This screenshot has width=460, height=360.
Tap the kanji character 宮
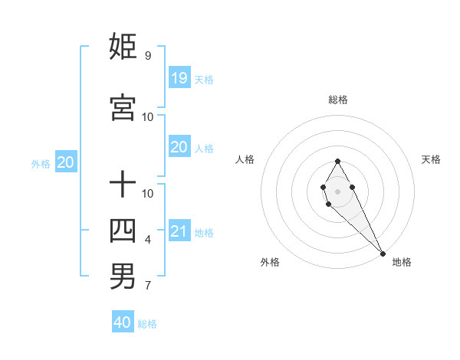point(123,107)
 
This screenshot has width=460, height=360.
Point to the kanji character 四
point(123,230)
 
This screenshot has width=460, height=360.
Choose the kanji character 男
point(123,277)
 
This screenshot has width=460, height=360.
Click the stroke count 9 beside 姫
point(147,56)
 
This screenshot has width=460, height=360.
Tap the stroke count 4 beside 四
point(147,240)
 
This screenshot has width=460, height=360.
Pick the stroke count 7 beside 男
point(147,286)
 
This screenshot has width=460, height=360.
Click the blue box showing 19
point(179,77)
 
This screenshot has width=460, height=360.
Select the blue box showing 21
point(179,231)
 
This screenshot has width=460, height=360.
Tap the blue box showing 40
point(123,322)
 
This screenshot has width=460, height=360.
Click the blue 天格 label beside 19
point(203,79)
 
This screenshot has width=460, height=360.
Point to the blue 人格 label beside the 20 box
point(203,149)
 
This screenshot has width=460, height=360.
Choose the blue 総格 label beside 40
point(147,324)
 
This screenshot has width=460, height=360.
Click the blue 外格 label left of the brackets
point(41,163)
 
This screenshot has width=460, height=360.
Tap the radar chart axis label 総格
point(338,100)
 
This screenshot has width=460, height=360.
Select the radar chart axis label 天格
point(431,159)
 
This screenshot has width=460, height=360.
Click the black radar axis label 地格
point(402,262)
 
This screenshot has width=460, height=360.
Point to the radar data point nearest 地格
point(383,254)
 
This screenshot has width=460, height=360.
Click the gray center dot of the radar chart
point(338,191)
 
